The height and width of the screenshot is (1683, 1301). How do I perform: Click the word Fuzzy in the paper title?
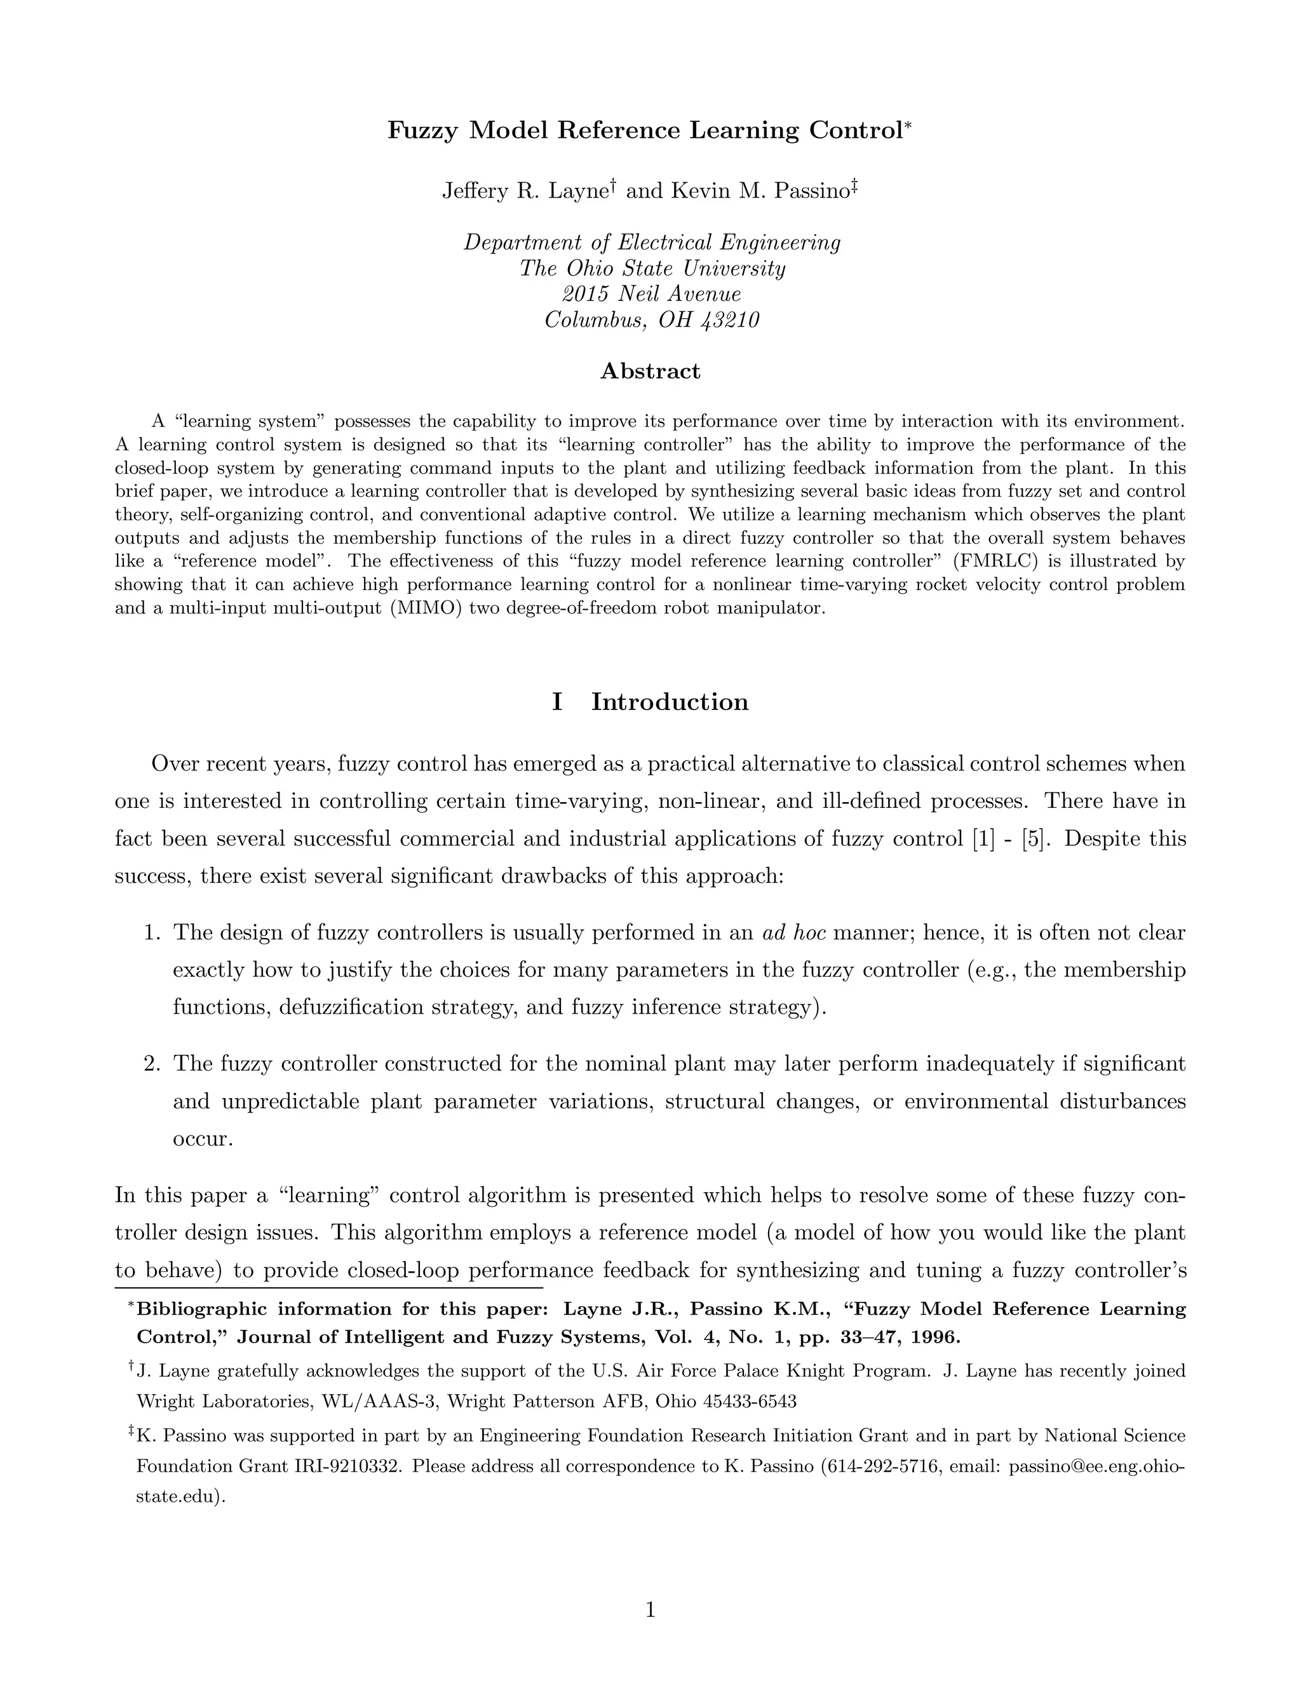coord(421,131)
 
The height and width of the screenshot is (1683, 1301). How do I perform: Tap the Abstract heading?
coord(650,372)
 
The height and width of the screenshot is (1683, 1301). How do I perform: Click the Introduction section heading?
coord(669,702)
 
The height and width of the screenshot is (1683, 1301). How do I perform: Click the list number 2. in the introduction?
coord(152,1064)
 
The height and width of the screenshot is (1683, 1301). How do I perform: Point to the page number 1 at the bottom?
coord(650,1610)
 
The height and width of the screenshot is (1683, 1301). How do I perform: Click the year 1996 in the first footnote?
coord(935,1337)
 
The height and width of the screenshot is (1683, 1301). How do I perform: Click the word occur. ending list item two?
coord(203,1139)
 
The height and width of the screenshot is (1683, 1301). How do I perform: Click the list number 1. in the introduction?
coord(152,933)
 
